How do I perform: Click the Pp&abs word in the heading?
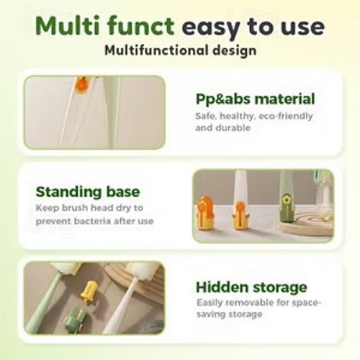pos(222,99)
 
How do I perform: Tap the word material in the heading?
pos(284,99)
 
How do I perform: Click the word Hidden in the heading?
pos(222,287)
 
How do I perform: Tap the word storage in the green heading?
pos(280,288)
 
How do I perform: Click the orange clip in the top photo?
pos(82,84)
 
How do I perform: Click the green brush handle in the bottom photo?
pos(42,305)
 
